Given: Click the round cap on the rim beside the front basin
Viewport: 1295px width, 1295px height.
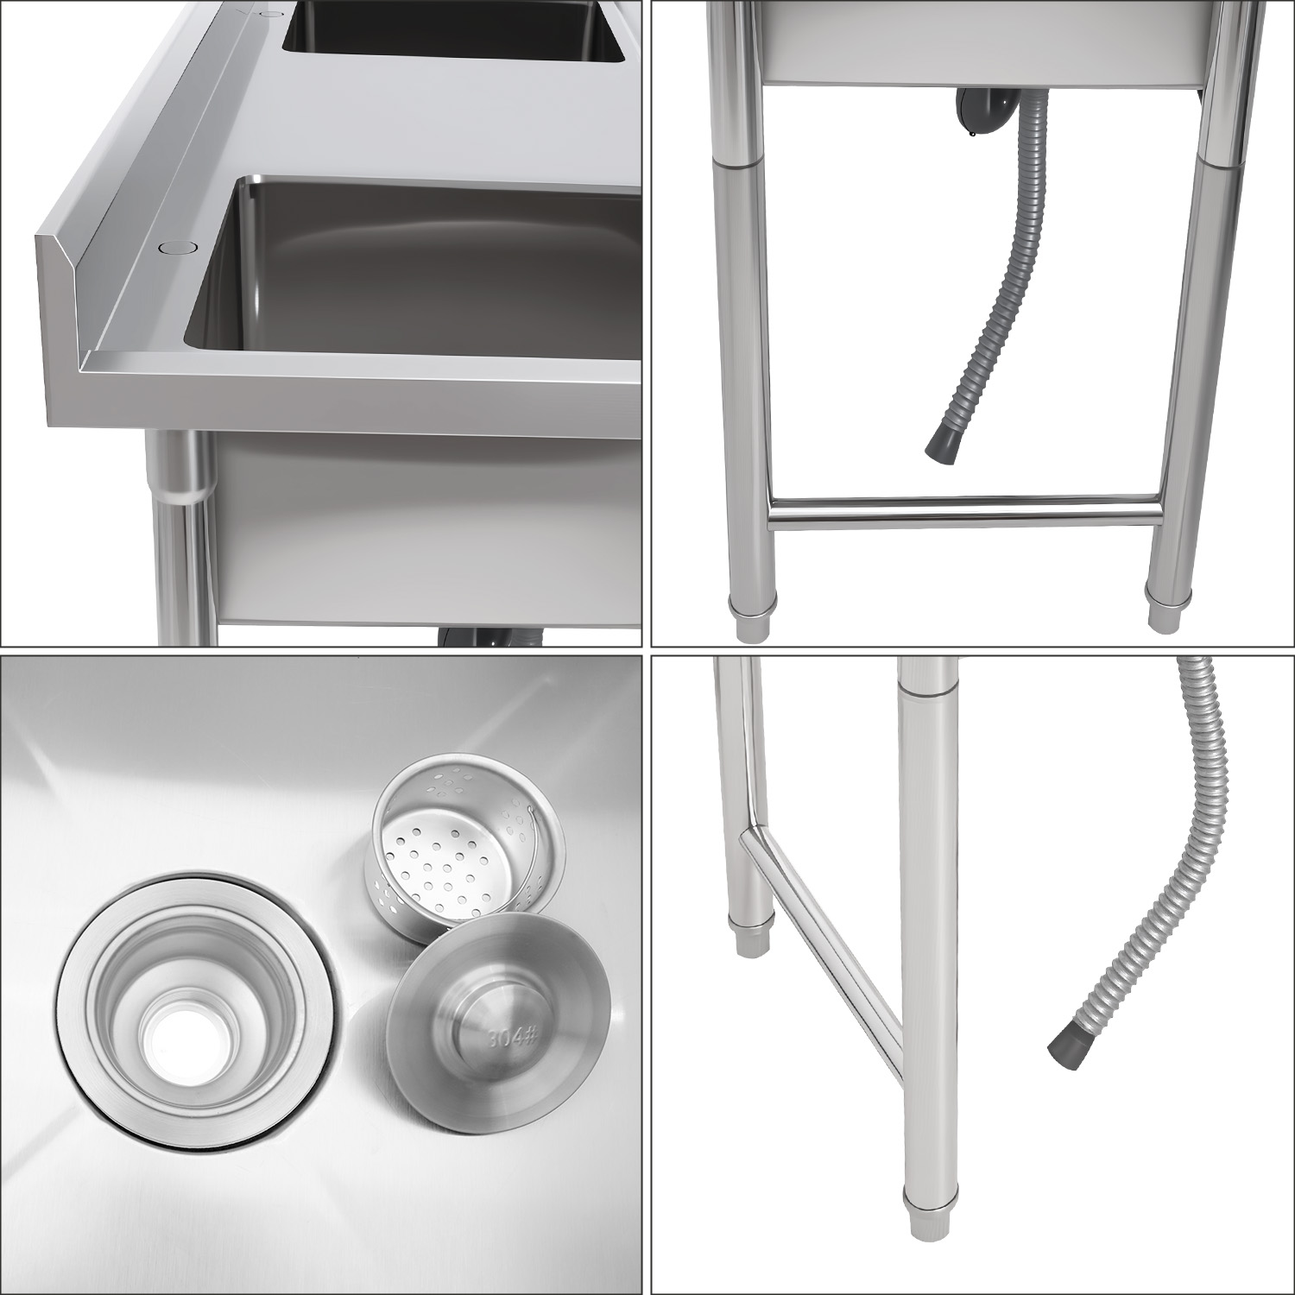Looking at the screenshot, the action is pyautogui.click(x=178, y=247).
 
